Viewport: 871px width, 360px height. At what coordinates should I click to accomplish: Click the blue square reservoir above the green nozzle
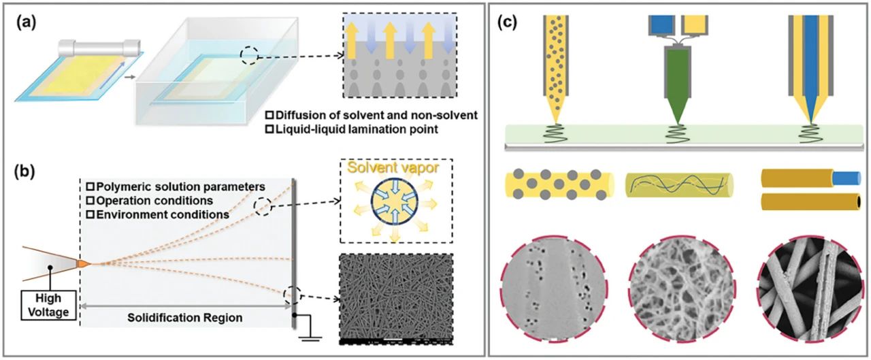point(661,24)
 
